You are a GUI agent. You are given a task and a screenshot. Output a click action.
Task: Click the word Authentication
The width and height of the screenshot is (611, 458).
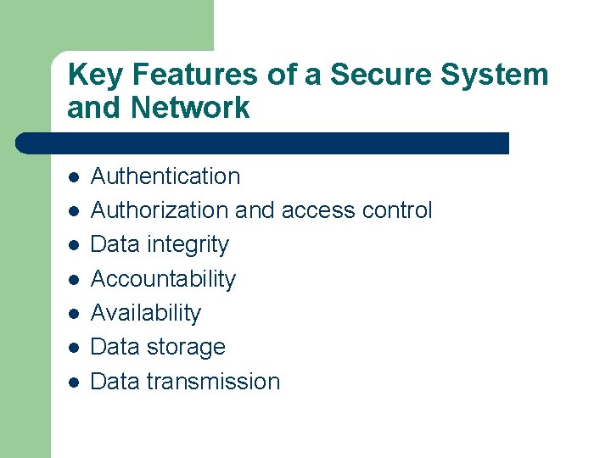click(165, 176)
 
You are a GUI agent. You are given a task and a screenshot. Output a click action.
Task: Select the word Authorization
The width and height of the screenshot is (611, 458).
click(160, 210)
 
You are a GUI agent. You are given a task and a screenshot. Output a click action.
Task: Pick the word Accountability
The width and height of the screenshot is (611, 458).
click(163, 279)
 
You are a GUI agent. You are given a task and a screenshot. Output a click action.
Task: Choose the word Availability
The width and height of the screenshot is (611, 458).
click(146, 313)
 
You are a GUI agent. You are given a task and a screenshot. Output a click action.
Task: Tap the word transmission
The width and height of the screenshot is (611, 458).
click(213, 382)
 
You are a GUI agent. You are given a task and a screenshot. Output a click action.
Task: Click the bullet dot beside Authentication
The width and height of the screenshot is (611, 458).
click(74, 178)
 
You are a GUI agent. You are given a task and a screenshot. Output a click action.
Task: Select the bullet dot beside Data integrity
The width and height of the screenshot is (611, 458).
click(74, 246)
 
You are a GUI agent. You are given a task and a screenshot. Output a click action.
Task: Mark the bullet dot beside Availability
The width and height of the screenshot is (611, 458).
click(74, 314)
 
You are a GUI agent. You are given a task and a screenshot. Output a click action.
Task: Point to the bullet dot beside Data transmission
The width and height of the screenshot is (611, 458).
click(74, 383)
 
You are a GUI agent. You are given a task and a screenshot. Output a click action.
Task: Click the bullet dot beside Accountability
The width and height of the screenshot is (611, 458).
click(74, 280)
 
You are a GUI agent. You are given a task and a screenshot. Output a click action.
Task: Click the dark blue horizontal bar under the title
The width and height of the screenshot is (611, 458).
click(263, 142)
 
